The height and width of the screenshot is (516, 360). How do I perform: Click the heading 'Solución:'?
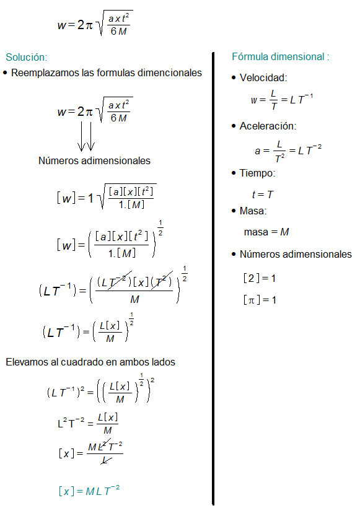tap(27, 57)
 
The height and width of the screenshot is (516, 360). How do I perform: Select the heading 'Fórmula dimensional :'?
tap(280, 56)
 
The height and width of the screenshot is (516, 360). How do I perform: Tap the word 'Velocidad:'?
tap(263, 78)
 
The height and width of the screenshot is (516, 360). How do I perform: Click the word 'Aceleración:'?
tap(268, 126)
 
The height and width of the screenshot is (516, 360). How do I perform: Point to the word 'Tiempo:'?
tap(258, 173)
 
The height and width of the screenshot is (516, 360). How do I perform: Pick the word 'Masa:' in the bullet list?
tap(253, 211)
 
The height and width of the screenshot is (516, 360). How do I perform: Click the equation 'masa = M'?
tap(266, 232)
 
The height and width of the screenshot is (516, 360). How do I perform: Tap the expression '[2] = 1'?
tap(260, 278)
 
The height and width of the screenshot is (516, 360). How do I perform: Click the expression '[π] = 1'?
tap(260, 300)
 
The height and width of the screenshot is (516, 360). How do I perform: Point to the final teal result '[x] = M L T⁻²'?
tap(89, 491)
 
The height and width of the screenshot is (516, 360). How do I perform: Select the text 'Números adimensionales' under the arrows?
tap(94, 160)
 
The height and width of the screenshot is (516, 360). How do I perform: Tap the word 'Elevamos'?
tap(26, 361)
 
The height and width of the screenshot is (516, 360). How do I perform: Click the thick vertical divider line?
tap(213, 279)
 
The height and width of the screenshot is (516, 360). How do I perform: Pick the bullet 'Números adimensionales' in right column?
tap(296, 254)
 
